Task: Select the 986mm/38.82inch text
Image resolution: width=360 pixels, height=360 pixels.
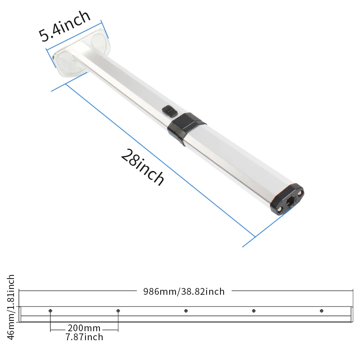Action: coord(184,292)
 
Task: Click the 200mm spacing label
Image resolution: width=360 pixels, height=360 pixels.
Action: coord(84,328)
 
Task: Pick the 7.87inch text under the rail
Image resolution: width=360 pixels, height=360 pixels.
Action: coord(84,337)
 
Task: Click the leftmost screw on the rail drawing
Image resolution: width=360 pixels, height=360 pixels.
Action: coord(50,311)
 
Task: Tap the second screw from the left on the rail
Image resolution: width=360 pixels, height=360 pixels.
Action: coord(118,311)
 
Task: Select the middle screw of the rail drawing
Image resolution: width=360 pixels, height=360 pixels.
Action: coord(186,311)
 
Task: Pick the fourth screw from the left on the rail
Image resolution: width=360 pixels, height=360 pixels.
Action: coord(254,311)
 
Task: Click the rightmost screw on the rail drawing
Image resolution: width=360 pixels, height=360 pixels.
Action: coord(321,311)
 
